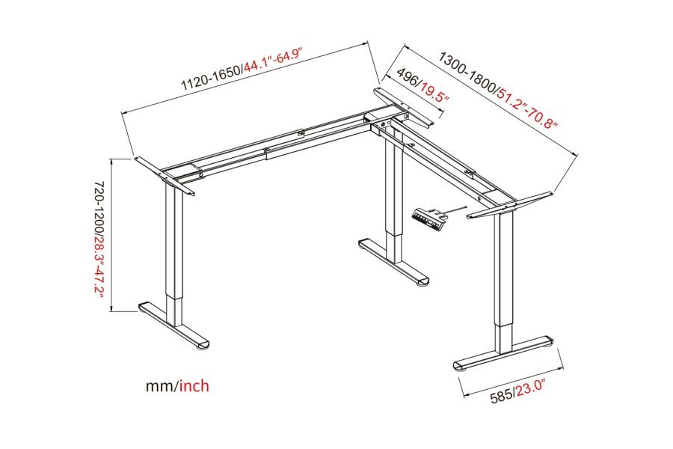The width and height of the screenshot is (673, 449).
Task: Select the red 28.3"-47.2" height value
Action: click(x=99, y=266)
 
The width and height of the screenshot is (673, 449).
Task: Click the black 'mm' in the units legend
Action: click(x=159, y=386)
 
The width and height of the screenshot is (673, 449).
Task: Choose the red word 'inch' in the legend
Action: click(x=194, y=385)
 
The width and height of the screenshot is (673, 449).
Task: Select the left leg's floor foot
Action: click(x=174, y=325)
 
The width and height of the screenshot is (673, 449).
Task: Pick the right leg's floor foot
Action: click(x=503, y=352)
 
